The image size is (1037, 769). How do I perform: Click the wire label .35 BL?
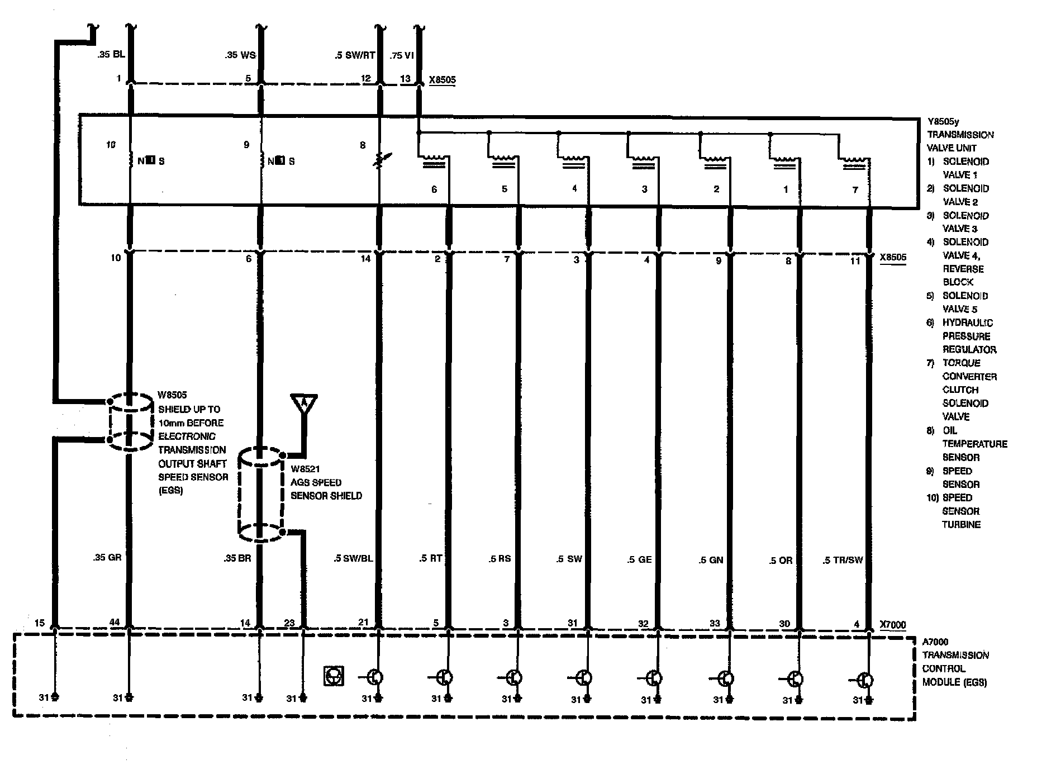[111, 55]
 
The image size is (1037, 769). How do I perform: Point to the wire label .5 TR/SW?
[843, 560]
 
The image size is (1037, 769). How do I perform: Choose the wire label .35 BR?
[237, 558]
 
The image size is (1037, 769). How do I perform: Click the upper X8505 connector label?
[442, 80]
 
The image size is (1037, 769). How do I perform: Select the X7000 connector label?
[892, 625]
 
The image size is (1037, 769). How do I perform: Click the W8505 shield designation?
[173, 395]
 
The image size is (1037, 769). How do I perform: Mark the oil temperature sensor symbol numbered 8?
[380, 160]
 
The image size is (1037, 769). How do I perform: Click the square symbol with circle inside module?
[334, 676]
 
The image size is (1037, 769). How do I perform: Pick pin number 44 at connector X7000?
[115, 622]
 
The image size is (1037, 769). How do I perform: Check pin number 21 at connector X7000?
[363, 622]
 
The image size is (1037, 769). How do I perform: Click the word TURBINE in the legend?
[962, 525]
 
